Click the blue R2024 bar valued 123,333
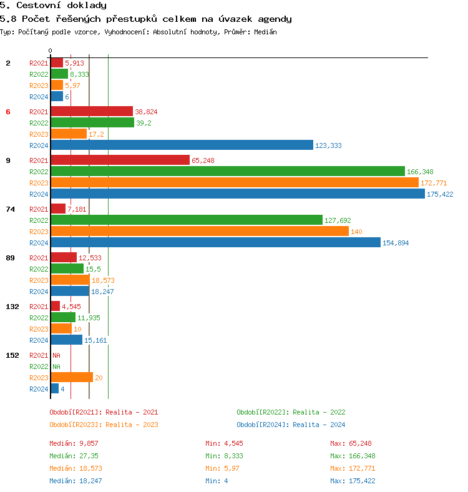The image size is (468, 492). [182, 145]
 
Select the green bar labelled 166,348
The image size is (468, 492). [228, 171]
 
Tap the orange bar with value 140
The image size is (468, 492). [200, 231]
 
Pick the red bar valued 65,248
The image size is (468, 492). [120, 160]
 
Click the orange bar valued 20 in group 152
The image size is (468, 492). [72, 377]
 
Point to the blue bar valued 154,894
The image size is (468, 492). [215, 242]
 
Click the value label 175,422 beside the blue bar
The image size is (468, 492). [440, 194]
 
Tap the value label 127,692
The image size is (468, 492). [338, 220]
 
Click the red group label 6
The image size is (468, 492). [8, 112]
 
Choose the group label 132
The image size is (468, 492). [12, 307]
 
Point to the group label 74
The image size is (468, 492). [10, 209]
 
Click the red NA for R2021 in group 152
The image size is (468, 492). [56, 355]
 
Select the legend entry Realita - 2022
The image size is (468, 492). [291, 412]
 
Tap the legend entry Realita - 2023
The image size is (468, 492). [104, 425]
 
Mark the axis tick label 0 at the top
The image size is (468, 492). [51, 51]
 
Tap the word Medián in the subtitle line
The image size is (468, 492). [265, 31]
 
